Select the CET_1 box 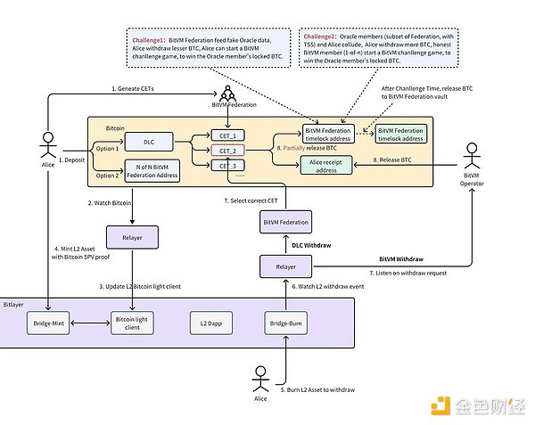tap(229, 135)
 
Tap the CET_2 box tap(229, 151)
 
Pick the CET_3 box tap(229, 166)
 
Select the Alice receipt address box tap(330, 167)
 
